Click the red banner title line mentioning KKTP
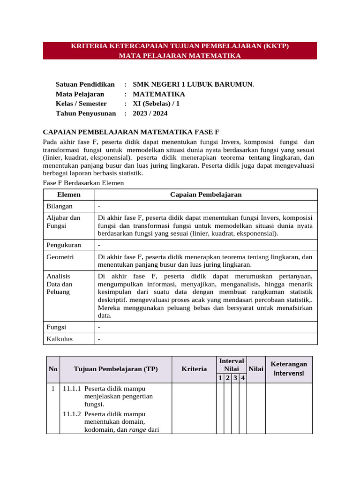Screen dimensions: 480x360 click(180, 46)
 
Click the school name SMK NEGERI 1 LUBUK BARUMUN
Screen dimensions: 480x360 click(193, 84)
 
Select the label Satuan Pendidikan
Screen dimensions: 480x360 click(85, 84)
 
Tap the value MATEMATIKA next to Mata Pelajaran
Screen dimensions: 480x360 click(158, 94)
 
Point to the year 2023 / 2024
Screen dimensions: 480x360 click(150, 113)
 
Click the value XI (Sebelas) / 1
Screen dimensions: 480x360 click(156, 104)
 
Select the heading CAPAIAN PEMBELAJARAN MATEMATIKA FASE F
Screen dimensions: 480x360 click(131, 132)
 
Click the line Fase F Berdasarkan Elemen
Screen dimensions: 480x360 click(83, 183)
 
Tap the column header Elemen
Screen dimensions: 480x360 click(68, 195)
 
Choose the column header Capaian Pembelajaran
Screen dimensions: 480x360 click(206, 195)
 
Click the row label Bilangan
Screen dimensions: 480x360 click(59, 206)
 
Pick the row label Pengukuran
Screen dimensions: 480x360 click(63, 245)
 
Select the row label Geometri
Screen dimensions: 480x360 click(60, 257)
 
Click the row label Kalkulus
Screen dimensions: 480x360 click(60, 339)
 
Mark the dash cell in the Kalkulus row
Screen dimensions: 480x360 click(99, 339)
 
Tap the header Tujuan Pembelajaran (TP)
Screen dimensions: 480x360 click(116, 369)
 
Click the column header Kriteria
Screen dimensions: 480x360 click(194, 369)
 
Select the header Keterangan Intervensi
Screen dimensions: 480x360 click(289, 369)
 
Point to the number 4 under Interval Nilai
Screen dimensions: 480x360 click(243, 378)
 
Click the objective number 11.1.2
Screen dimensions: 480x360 click(72, 414)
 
